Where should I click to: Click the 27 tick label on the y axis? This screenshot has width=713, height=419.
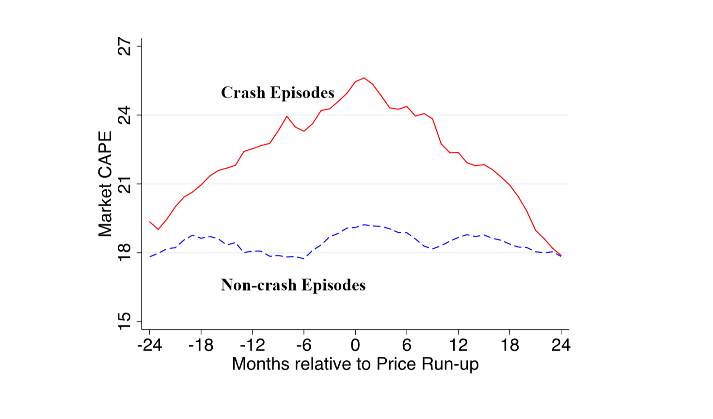click(125, 47)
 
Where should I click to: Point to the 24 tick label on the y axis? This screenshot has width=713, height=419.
click(125, 115)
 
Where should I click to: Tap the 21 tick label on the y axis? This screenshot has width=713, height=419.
click(125, 184)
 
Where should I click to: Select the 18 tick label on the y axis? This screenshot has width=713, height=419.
click(125, 253)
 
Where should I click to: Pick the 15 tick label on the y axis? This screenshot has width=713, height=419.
click(125, 321)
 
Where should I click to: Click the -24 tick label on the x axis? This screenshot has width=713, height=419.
click(149, 345)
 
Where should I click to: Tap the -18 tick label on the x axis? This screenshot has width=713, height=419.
click(201, 345)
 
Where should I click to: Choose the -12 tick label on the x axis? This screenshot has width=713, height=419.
click(253, 345)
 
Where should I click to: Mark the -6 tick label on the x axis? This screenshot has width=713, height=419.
click(304, 345)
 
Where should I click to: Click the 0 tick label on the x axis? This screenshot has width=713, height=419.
click(355, 345)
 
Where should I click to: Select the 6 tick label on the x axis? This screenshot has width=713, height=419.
click(407, 345)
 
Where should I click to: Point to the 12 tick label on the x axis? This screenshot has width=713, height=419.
click(458, 345)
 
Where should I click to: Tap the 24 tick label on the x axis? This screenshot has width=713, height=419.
click(561, 345)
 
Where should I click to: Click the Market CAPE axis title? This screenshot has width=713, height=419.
click(105, 184)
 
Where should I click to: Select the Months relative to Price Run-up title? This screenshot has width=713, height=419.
click(355, 364)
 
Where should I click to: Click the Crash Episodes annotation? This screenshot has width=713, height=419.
click(278, 93)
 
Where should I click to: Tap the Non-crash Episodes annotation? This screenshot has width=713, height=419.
click(293, 285)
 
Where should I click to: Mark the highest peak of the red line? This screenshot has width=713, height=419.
click(364, 78)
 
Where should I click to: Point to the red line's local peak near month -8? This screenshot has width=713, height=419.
click(287, 116)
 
